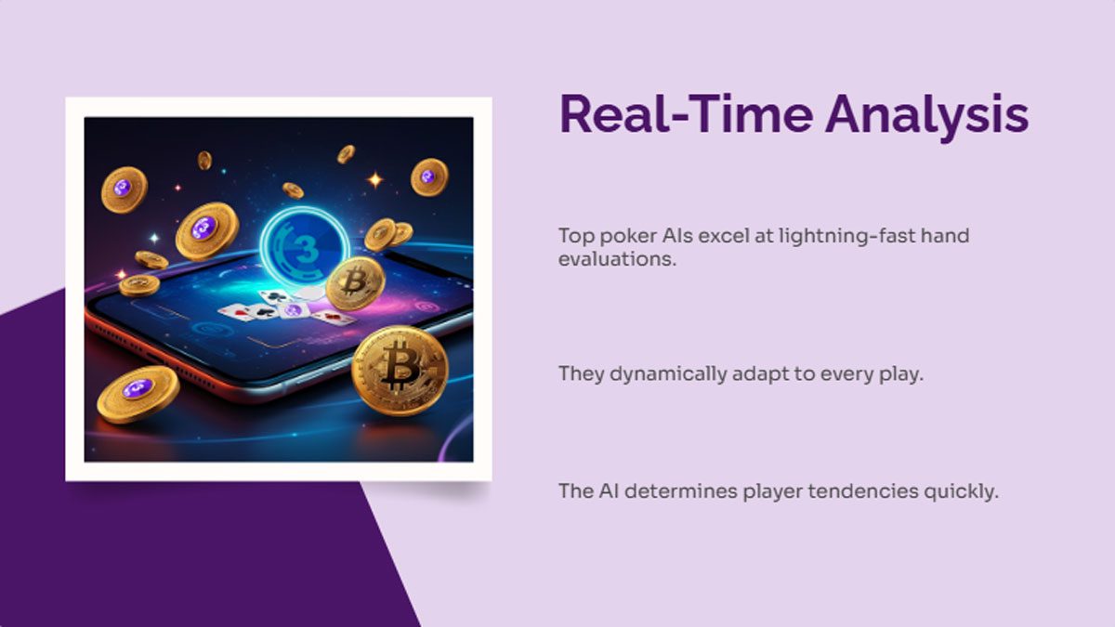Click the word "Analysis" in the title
926,115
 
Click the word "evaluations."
617,259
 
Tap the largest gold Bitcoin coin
400,369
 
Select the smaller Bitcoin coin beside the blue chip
355,283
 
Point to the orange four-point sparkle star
375,179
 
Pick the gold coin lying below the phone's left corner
138,394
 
